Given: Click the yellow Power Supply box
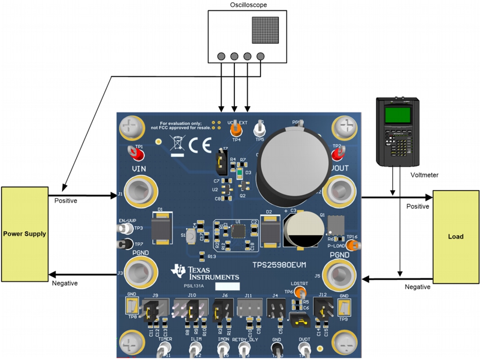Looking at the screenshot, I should (25, 234).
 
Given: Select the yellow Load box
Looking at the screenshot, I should (456, 236).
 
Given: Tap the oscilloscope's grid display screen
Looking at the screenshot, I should (266, 31).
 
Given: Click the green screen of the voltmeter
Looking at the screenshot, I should (397, 115).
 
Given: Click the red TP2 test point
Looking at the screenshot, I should (337, 153).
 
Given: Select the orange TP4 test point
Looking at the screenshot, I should (236, 130).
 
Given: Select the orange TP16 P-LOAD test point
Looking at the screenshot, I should (354, 246).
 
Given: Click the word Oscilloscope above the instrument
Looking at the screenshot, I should (248, 5).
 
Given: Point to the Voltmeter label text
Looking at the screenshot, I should (425, 175).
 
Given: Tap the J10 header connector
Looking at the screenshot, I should (191, 311).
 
